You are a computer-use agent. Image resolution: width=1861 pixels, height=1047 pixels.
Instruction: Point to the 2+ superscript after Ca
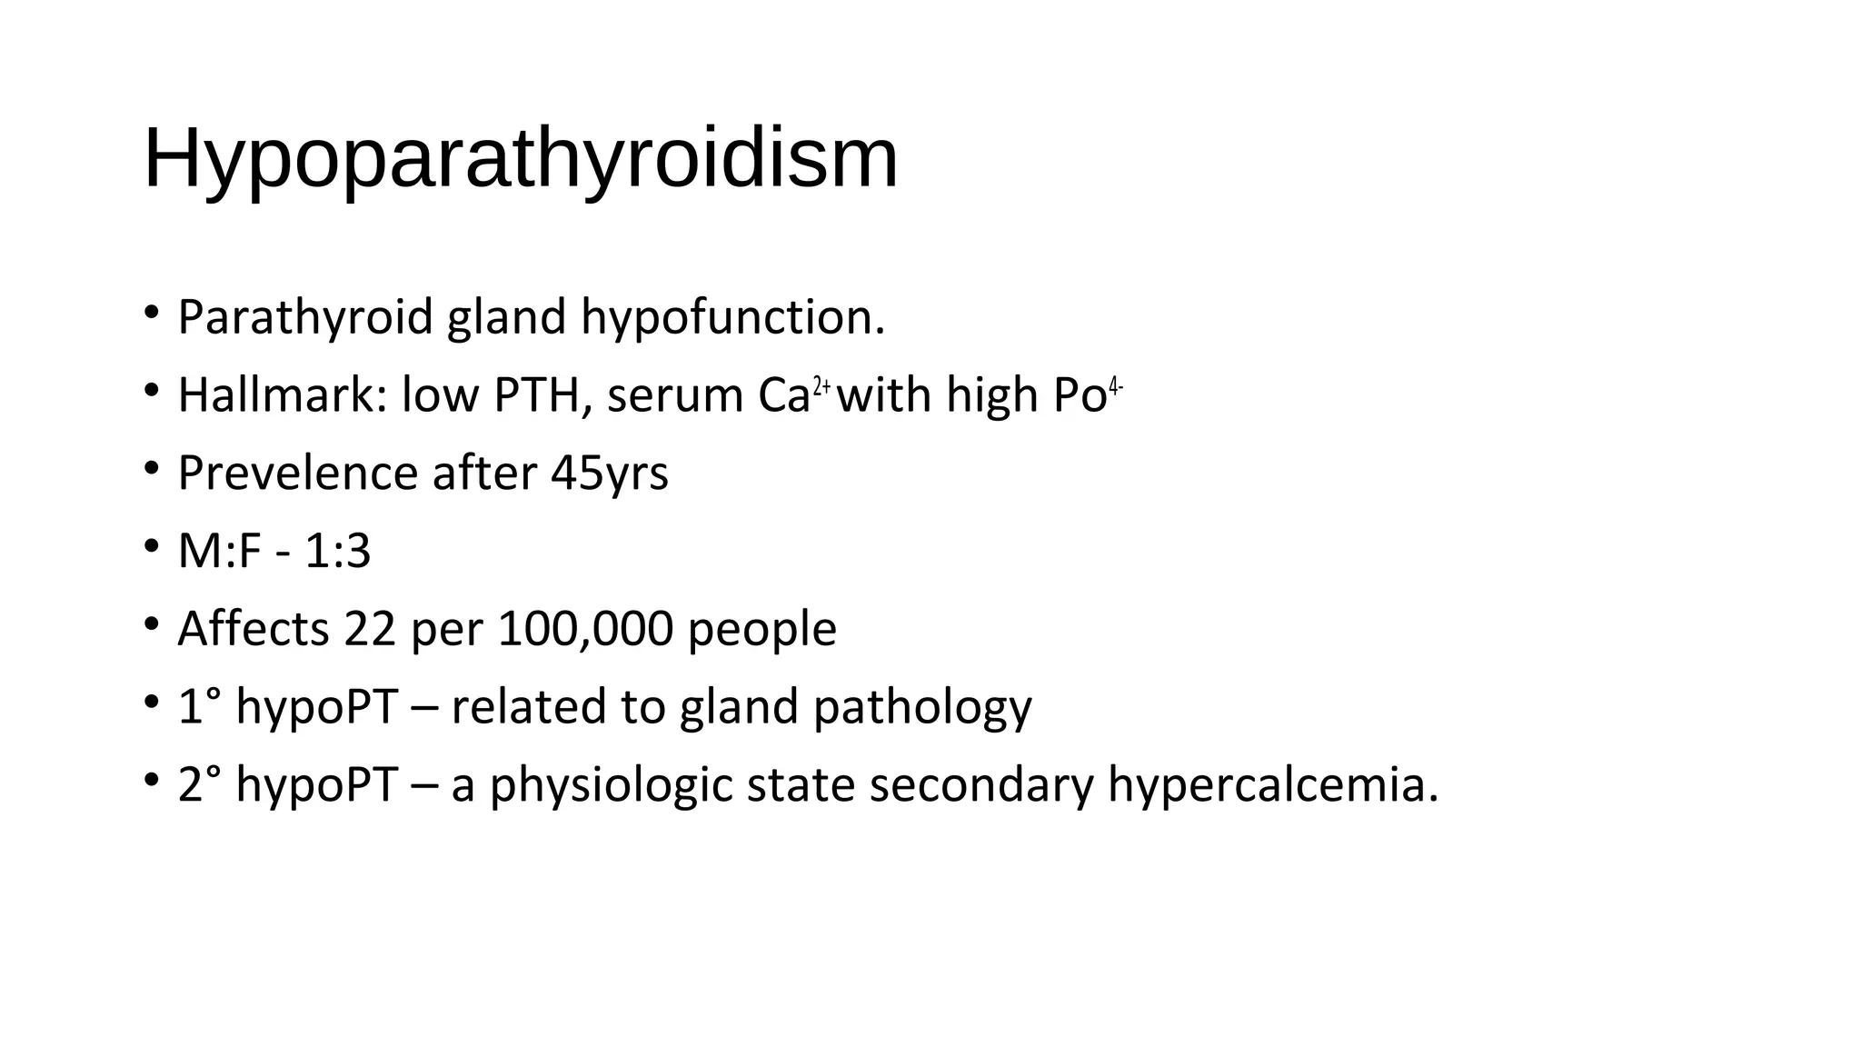pyautogui.click(x=821, y=386)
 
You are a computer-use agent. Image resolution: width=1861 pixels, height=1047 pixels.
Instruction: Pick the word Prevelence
pyautogui.click(x=298, y=474)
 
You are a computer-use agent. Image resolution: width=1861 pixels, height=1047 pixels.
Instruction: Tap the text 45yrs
pyautogui.click(x=609, y=474)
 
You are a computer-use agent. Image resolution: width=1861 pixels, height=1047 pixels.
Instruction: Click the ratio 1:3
pyautogui.click(x=337, y=552)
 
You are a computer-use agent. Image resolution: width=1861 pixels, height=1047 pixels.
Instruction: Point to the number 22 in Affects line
pyautogui.click(x=370, y=629)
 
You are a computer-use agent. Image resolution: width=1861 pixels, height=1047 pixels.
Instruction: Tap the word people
pyautogui.click(x=761, y=629)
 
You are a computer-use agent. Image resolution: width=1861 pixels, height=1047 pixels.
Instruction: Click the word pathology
pyautogui.click(x=922, y=707)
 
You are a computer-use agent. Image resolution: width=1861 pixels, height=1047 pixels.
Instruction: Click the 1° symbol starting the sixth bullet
pyautogui.click(x=200, y=707)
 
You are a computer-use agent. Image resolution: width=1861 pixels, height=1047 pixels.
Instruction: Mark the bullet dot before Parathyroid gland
pyautogui.click(x=152, y=314)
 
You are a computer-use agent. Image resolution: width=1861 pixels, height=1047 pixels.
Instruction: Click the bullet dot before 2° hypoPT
pyautogui.click(x=152, y=781)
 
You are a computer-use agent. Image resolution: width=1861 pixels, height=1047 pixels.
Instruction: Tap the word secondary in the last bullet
pyautogui.click(x=981, y=785)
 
